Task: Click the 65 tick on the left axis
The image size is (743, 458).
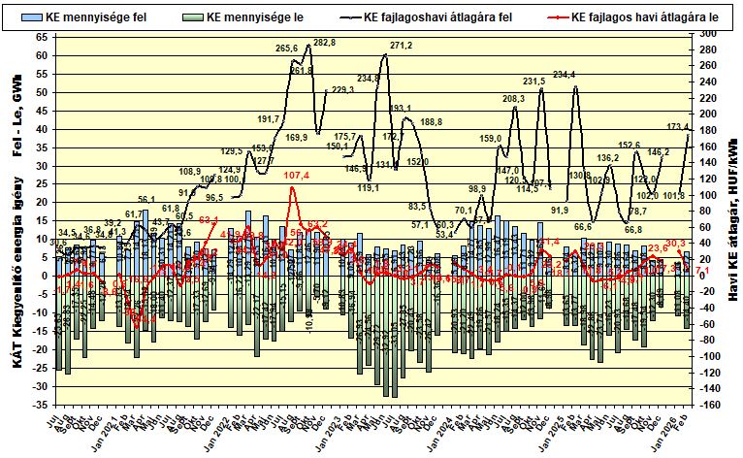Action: (x=41, y=36)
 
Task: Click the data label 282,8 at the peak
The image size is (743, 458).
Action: (x=325, y=43)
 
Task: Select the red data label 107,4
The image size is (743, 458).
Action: (x=297, y=176)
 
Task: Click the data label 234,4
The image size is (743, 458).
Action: (x=565, y=75)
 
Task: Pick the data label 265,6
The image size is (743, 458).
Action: (x=287, y=48)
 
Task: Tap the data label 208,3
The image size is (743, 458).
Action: (x=513, y=99)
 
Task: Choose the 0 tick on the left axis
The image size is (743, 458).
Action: (x=45, y=275)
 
